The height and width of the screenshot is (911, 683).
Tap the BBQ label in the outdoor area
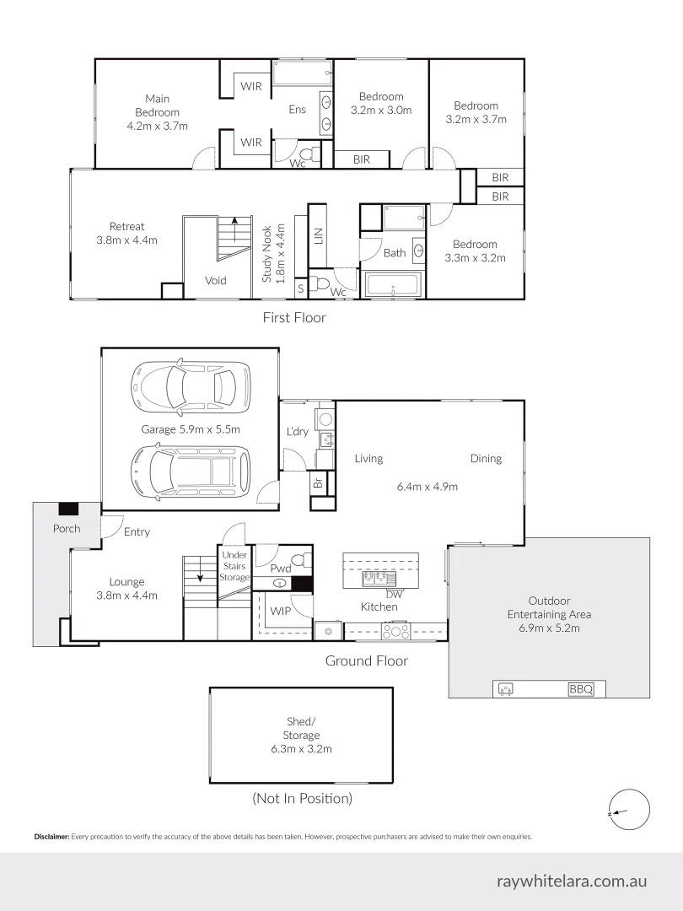pyautogui.click(x=581, y=689)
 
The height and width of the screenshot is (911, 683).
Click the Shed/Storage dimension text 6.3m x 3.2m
pyautogui.click(x=301, y=749)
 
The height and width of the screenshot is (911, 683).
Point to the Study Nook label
pyautogui.click(x=267, y=252)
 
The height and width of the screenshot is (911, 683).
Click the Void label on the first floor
pyautogui.click(x=216, y=281)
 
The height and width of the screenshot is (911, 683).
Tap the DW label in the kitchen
pyautogui.click(x=395, y=594)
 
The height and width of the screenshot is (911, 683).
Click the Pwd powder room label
pyautogui.click(x=280, y=569)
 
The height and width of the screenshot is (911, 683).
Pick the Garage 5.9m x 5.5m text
pyautogui.click(x=191, y=429)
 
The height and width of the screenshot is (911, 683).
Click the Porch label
pyautogui.click(x=67, y=529)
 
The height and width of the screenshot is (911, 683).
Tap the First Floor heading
pyautogui.click(x=293, y=318)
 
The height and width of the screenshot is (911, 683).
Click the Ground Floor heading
pyautogui.click(x=367, y=660)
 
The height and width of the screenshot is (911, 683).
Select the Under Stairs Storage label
pyautogui.click(x=234, y=565)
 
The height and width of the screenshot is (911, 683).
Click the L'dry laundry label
pyautogui.click(x=298, y=432)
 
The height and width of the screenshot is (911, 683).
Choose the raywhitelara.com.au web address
pyautogui.click(x=573, y=881)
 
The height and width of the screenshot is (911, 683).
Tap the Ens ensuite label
pyautogui.click(x=297, y=109)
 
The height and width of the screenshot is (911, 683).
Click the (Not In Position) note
pyautogui.click(x=302, y=798)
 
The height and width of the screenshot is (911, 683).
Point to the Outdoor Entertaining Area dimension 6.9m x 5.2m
pyautogui.click(x=550, y=628)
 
